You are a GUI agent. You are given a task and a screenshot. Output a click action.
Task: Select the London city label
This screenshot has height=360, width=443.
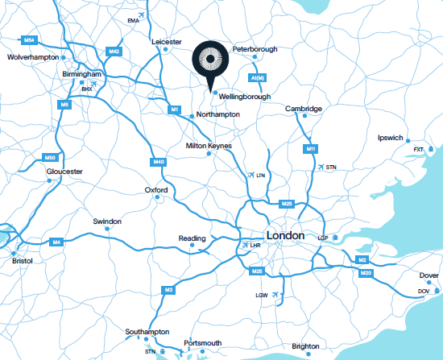(x=285, y=236)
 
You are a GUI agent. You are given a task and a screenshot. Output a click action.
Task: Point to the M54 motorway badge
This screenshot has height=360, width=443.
(x=30, y=39)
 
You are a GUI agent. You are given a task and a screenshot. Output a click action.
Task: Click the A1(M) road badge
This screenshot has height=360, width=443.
(x=258, y=78)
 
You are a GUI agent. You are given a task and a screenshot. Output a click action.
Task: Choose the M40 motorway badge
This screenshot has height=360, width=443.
(x=159, y=162)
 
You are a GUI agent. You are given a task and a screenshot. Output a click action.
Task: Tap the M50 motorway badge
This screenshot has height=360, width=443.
(x=50, y=158)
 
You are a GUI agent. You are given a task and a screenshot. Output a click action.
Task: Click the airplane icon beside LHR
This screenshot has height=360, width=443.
(x=245, y=244)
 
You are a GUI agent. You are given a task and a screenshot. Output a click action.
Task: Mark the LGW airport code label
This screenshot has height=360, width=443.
(x=261, y=296)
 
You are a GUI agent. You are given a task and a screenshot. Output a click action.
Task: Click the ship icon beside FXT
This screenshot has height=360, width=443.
(x=431, y=149)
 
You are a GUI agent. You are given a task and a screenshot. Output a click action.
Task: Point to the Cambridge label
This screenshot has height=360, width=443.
(x=304, y=109)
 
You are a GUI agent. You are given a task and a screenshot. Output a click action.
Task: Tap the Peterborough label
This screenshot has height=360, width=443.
(x=255, y=49)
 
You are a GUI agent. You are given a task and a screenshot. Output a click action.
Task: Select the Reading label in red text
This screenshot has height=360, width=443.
(x=192, y=238)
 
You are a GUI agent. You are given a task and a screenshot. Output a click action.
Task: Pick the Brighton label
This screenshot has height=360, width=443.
(x=305, y=346)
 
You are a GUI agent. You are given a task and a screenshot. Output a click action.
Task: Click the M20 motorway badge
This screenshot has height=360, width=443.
(x=366, y=274)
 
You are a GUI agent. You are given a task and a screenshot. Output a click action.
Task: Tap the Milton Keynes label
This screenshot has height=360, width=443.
(x=209, y=145)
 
